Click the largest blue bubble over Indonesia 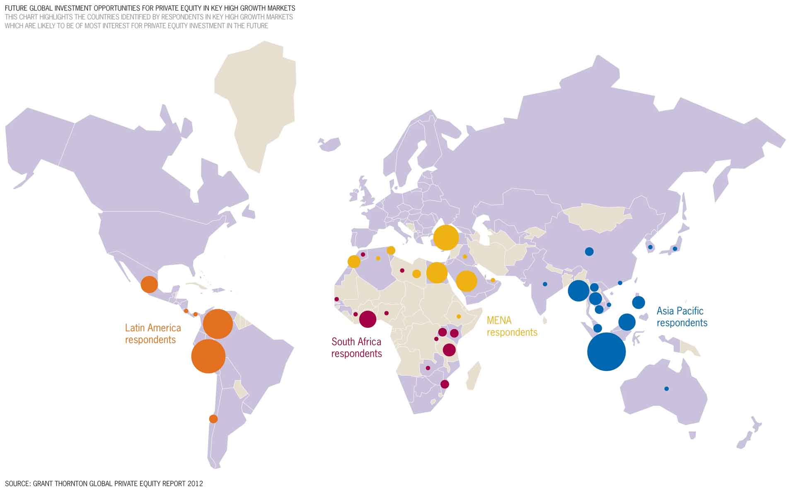(606, 352)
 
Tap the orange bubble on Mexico (149, 285)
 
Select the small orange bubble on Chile (213, 419)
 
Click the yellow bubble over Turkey (446, 238)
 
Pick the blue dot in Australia (666, 389)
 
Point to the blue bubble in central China (589, 251)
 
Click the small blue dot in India (545, 284)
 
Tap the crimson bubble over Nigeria (368, 319)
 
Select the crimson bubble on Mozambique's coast (445, 384)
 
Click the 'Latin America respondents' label (153, 334)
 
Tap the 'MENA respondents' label (512, 326)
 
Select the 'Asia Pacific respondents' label (682, 317)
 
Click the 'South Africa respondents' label (356, 348)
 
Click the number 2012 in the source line (195, 483)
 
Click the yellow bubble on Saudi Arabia (467, 281)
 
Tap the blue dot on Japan (675, 249)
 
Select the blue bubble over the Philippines (639, 302)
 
